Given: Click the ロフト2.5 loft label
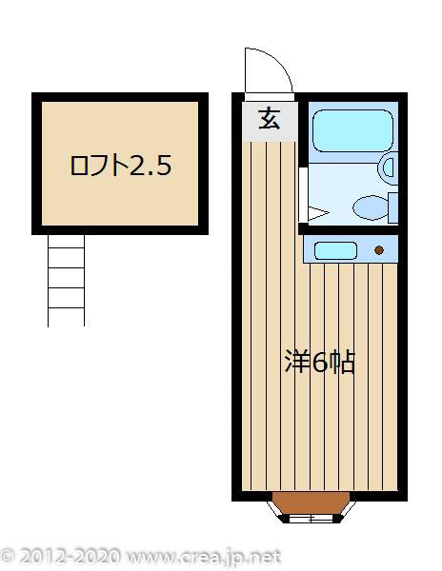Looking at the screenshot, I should (121, 166).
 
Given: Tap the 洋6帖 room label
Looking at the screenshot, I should (321, 363).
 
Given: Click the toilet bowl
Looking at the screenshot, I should (368, 206).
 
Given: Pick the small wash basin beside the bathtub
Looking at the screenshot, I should (388, 169).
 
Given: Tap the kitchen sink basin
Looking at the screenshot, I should (335, 251).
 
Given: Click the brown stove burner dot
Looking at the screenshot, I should (379, 251).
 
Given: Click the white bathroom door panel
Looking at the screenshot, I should (302, 194).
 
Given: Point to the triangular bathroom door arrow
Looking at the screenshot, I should (317, 211).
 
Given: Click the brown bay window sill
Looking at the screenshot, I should (308, 503).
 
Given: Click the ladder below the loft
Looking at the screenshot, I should (67, 280).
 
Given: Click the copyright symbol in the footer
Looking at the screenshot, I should (9, 556).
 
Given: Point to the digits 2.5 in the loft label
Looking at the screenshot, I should (151, 166).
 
